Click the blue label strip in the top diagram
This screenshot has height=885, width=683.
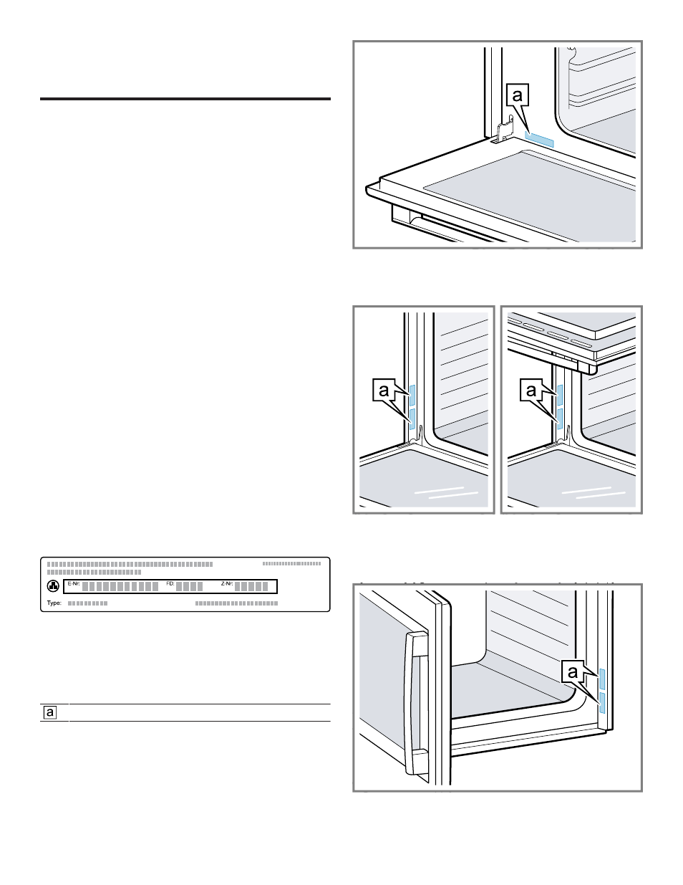539,138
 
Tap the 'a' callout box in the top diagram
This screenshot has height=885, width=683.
519,95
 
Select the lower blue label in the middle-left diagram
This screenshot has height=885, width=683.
412,418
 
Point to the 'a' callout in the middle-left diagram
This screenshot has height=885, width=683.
384,391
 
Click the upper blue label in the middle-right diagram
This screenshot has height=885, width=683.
560,395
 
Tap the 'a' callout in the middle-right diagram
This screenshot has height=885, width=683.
531,391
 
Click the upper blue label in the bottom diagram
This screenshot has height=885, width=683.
601,679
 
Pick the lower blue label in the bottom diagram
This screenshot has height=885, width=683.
601,702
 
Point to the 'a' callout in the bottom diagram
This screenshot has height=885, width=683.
573,672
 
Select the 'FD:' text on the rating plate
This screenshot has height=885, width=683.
170,584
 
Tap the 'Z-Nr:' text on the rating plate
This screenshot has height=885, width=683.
227,584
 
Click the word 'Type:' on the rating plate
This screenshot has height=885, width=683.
54,603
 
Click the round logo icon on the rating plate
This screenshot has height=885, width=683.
52,586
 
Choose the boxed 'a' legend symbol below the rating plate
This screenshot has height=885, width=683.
51,712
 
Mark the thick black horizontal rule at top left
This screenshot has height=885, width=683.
185,100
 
